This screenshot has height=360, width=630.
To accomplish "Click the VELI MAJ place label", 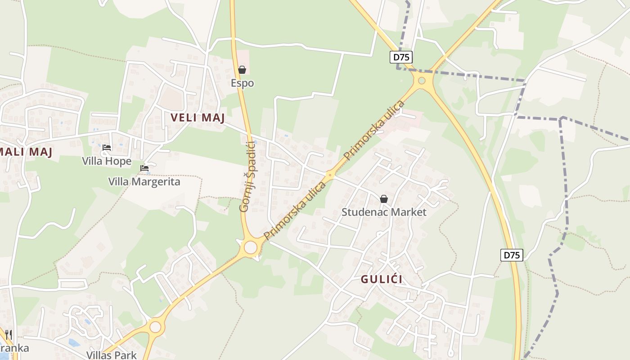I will (198, 118).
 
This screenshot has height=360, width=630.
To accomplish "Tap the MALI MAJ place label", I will (26, 152).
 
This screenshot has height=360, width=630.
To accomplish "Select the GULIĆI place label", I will (382, 279).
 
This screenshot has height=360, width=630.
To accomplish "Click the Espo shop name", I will (242, 83).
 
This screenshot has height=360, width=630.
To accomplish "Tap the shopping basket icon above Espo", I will (242, 70).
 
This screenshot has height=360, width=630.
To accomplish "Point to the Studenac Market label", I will (384, 212).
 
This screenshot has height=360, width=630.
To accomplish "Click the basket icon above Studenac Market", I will (384, 198).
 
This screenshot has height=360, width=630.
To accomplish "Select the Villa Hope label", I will (107, 161).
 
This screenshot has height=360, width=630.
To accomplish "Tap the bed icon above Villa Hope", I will (107, 147).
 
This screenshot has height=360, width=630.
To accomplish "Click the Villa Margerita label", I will (144, 182).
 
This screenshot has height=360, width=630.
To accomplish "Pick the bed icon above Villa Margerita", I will (144, 168).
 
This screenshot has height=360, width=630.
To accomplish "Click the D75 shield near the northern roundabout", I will (401, 57).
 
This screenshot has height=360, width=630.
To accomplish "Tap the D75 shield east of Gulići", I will (512, 255).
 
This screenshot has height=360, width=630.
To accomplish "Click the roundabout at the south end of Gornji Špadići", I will (250, 247).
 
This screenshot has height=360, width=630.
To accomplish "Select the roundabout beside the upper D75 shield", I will (422, 81).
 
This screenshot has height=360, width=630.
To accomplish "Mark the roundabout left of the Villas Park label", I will (155, 327).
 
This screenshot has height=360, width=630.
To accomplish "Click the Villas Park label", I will (111, 355).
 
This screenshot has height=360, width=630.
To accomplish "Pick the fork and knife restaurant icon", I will (9, 335).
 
